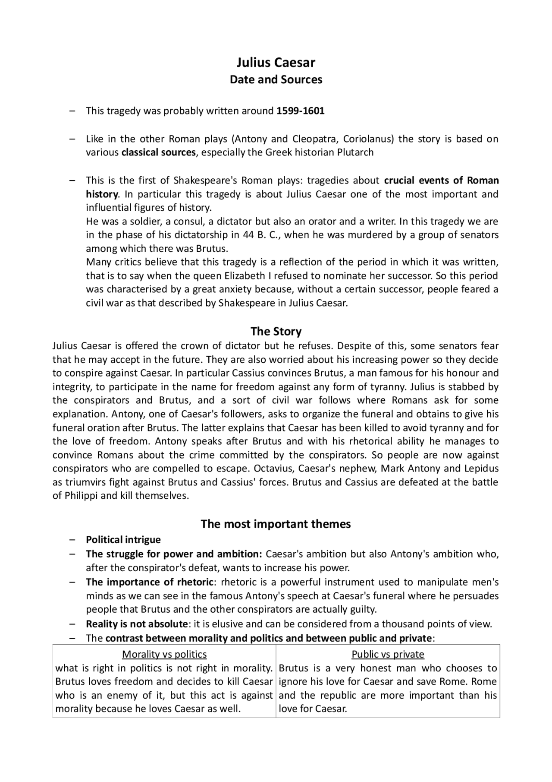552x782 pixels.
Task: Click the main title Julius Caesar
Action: click(276, 63)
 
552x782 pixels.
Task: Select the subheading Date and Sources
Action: click(276, 80)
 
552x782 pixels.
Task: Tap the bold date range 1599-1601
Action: click(300, 111)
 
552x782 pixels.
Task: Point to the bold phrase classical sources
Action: click(158, 152)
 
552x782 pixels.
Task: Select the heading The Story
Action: click(276, 332)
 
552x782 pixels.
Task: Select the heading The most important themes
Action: click(276, 524)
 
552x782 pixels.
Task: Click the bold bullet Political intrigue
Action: click(123, 540)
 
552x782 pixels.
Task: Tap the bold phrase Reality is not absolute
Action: click(137, 624)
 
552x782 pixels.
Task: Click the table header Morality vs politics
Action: click(164, 655)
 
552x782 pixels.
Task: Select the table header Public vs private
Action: click(388, 655)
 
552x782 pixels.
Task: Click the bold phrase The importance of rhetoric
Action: click(149, 582)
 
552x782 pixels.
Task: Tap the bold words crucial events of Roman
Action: click(441, 180)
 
